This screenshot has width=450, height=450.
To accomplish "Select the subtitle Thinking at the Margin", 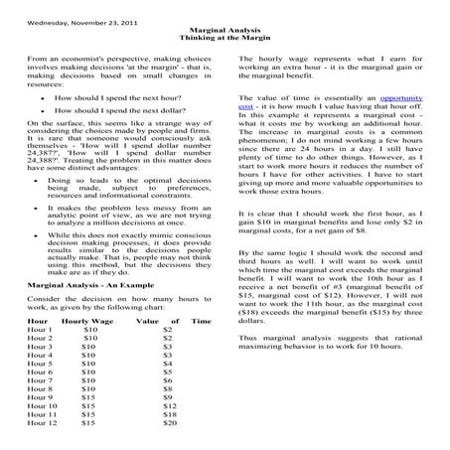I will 224,40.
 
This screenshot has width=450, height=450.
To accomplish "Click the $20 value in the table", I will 170,423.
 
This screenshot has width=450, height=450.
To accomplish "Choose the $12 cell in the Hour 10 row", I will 170,405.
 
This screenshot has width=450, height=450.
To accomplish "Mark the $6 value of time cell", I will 168,377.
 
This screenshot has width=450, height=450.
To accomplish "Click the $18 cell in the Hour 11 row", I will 170,414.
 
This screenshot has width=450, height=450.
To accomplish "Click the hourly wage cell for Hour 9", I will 87,395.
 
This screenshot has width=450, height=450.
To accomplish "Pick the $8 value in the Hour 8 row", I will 168,386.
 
